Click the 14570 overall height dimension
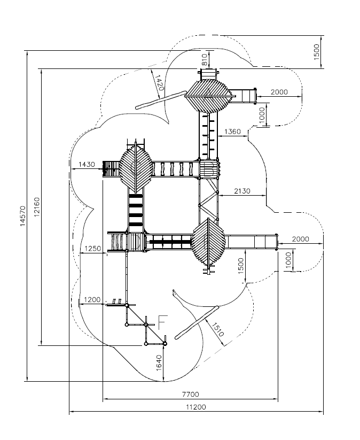tap(22, 217)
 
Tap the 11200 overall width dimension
tap(195, 407)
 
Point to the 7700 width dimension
tap(190, 395)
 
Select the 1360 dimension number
tap(232, 131)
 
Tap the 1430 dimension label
tap(87, 164)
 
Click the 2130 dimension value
tap(242, 191)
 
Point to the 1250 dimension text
tap(93, 249)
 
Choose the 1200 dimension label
tap(92, 300)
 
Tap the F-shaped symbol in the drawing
tap(162, 322)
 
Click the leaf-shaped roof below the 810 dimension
tap(208, 95)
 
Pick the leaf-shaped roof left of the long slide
tap(209, 242)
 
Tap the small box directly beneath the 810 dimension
tap(209, 73)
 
